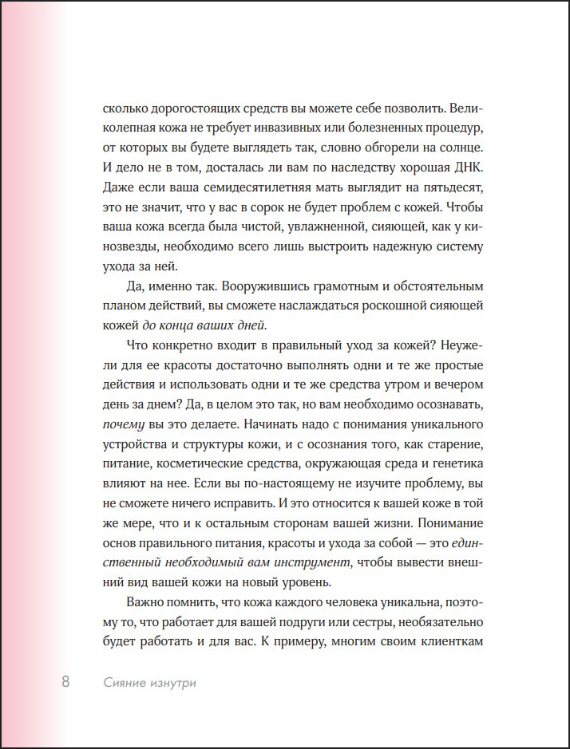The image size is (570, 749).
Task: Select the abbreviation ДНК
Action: tap(463, 169)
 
